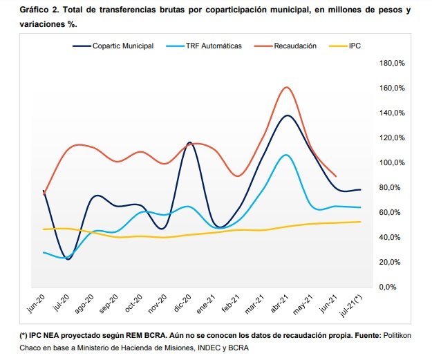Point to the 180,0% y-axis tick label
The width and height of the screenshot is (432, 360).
pyautogui.click(x=393, y=63)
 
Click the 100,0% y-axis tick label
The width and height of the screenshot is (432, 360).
pyautogui.click(x=393, y=162)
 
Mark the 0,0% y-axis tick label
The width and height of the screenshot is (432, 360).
pyautogui.click(x=396, y=287)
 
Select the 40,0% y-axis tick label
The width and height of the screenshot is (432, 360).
pyautogui.click(x=394, y=237)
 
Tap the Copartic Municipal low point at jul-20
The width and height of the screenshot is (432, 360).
pyautogui.click(x=68, y=259)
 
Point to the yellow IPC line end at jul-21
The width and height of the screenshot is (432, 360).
pyautogui.click(x=359, y=222)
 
